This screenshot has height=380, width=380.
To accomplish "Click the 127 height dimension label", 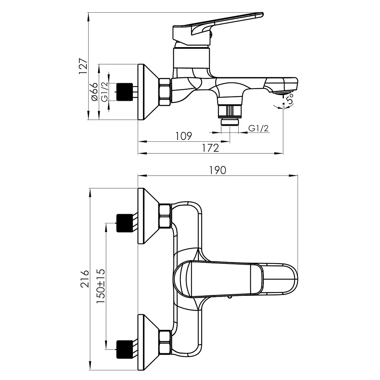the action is pyautogui.click(x=83, y=66).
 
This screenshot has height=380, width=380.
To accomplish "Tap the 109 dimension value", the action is pyautogui.click(x=184, y=136).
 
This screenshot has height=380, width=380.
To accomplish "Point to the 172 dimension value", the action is pyautogui.click(x=210, y=148).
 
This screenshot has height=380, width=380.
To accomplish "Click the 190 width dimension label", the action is pyautogui.click(x=217, y=170).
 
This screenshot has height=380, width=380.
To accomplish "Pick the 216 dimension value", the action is pyautogui.click(x=85, y=279).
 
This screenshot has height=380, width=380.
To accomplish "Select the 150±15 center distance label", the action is pyautogui.click(x=101, y=286).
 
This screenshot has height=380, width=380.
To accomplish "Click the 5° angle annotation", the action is pyautogui.click(x=289, y=99).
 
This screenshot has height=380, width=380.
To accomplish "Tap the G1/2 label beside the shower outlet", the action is pyautogui.click(x=259, y=128).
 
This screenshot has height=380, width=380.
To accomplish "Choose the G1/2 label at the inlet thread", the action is pyautogui.click(x=104, y=92).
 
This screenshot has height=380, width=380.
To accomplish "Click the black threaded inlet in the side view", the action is pyautogui.click(x=125, y=92).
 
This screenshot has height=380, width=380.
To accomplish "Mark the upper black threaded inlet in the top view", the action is pyautogui.click(x=125, y=223).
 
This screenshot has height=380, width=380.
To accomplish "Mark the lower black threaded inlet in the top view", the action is pyautogui.click(x=125, y=349).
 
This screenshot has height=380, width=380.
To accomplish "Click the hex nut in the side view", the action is pyautogui.click(x=165, y=92).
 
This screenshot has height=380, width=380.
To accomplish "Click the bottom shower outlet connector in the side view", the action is pyautogui.click(x=230, y=114).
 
